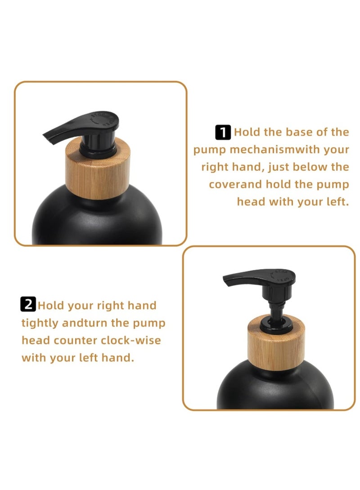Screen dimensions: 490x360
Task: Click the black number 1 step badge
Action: (223, 133)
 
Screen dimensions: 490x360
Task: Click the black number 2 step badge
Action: (28, 305)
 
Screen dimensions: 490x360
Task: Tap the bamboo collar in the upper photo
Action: (98, 170)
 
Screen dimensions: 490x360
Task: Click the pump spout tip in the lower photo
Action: (227, 282)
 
